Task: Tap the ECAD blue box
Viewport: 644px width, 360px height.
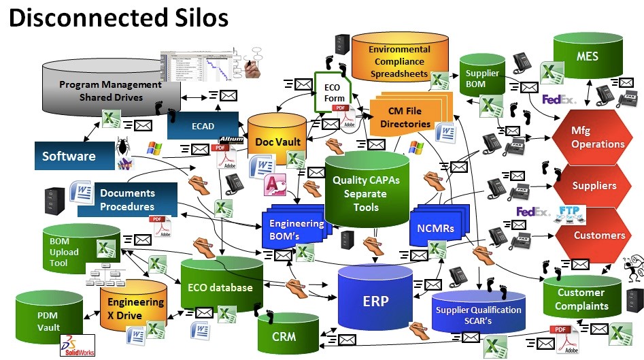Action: pos(203,125)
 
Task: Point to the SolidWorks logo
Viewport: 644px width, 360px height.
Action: pos(78,345)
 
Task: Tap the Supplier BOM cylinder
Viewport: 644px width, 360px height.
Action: pos(482,78)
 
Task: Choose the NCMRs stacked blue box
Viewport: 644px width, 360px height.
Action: pos(434,229)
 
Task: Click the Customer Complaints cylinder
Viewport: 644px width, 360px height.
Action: pos(581,299)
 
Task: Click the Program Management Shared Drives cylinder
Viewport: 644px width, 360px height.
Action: pos(111,91)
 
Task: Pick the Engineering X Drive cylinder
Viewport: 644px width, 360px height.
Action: pos(134,308)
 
